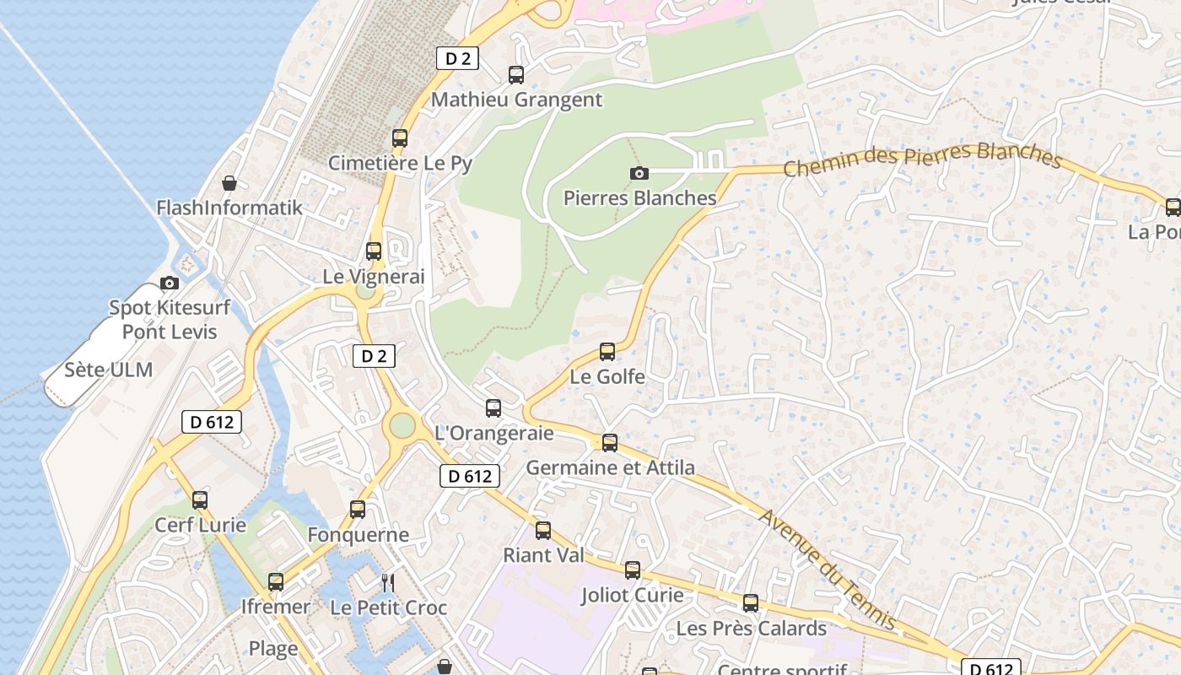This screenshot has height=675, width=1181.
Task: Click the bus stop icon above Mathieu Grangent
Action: click(x=516, y=75)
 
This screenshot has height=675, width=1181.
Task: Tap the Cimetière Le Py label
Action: click(x=400, y=163)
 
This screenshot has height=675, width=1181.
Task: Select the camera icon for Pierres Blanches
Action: click(x=639, y=174)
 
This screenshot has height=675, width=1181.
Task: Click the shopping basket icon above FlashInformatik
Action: click(x=229, y=183)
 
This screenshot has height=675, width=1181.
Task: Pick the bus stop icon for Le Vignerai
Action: click(x=374, y=251)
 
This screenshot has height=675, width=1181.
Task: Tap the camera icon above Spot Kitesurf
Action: click(x=170, y=283)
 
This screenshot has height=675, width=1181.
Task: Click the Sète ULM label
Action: click(x=109, y=370)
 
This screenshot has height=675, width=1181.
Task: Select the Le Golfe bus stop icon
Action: click(x=607, y=352)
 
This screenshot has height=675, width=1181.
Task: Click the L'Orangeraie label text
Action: click(x=493, y=433)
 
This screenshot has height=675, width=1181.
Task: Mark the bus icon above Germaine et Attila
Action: click(x=610, y=442)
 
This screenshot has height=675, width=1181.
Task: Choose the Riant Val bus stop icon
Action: click(x=543, y=531)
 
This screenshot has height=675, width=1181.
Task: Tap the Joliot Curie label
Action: click(x=632, y=595)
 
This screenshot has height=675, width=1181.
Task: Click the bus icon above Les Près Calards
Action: click(x=751, y=603)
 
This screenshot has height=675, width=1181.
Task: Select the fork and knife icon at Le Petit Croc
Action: click(x=388, y=582)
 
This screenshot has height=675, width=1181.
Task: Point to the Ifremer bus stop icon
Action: click(x=276, y=582)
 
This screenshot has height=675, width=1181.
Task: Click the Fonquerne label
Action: click(x=358, y=534)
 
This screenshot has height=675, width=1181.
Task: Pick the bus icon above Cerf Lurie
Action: click(x=200, y=500)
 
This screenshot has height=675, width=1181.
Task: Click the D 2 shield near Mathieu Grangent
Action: click(x=457, y=58)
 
